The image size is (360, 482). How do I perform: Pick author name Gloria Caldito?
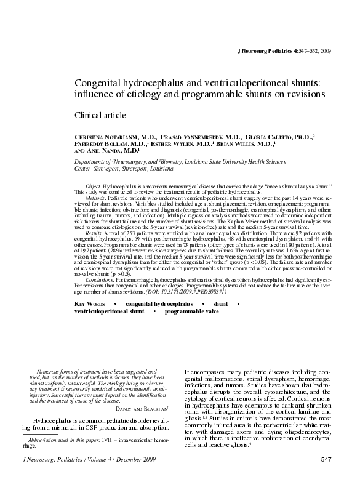point(282,136)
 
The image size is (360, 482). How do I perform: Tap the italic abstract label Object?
point(93,185)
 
